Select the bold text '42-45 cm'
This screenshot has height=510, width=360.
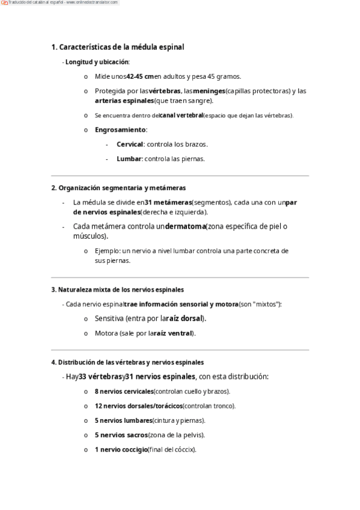[140, 76]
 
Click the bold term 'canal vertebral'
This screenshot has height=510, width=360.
[181, 115]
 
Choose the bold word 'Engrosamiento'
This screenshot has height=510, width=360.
[120, 129]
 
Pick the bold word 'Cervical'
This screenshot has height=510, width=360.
[130, 144]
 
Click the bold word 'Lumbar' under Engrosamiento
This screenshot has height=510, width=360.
[129, 159]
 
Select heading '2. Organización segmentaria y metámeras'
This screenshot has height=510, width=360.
[118, 188]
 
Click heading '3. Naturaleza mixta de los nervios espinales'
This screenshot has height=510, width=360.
[117, 289]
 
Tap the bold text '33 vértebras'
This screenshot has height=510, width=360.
[100, 376]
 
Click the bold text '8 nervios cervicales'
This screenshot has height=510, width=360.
[124, 392]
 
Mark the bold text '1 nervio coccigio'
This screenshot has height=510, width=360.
[121, 449]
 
